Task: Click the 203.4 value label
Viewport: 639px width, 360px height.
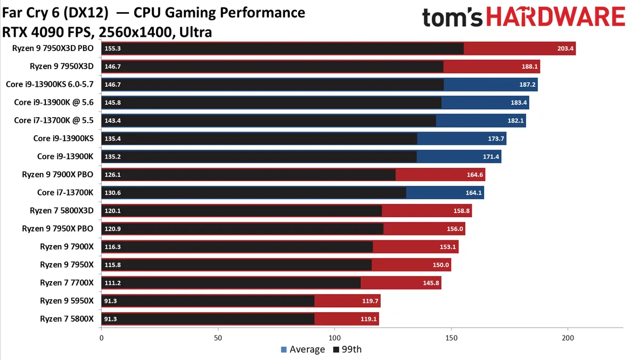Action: click(563, 49)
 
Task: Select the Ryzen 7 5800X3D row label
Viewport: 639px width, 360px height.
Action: click(61, 210)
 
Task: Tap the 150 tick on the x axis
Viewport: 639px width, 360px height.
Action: click(451, 338)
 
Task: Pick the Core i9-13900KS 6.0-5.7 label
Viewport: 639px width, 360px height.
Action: click(50, 84)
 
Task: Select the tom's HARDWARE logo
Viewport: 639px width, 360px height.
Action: click(523, 18)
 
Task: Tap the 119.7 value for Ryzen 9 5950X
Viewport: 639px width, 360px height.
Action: click(367, 301)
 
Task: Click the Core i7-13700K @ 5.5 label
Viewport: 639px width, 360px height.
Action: click(54, 120)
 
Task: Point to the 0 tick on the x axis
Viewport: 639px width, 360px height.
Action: click(101, 338)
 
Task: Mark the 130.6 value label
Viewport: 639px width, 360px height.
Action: click(113, 193)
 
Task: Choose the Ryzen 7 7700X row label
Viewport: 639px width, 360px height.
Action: click(67, 283)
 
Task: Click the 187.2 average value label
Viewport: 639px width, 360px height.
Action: click(525, 84)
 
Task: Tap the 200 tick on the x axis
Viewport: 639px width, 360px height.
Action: click(568, 338)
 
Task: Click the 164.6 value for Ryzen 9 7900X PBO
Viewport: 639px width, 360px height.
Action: click(472, 175)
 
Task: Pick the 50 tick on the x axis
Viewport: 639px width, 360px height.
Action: click(218, 338)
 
